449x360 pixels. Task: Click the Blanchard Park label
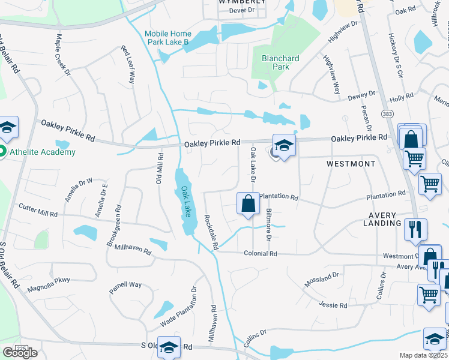[280, 62]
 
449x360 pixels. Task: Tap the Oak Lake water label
[187, 201]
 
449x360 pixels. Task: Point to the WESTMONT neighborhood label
[351, 164]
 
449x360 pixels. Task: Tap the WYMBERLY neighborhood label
[242, 2]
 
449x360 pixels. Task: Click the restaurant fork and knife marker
[415, 229]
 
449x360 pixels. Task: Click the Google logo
[19, 353]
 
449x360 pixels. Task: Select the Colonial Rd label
[260, 254]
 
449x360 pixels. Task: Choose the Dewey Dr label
[363, 94]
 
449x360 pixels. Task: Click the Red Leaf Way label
[129, 64]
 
